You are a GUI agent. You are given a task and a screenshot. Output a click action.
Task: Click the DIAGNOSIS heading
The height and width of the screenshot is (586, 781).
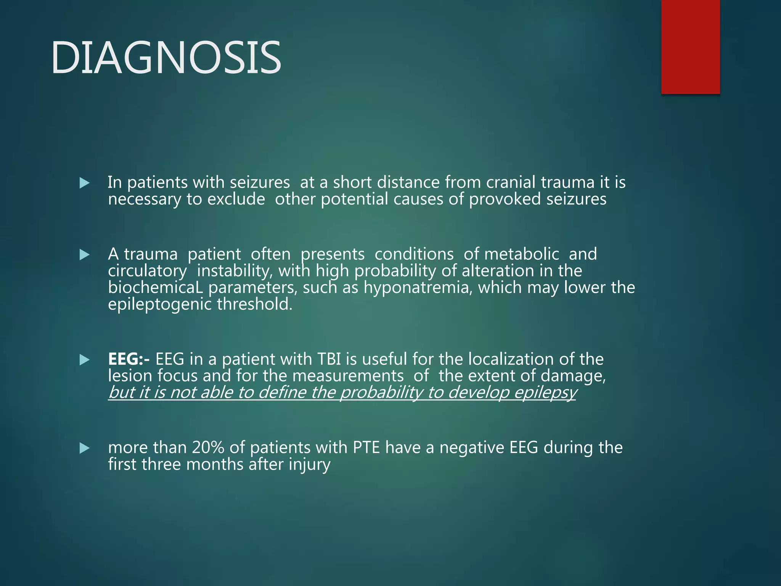[166, 58]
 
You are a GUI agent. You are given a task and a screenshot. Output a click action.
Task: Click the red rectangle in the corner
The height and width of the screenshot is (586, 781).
[690, 47]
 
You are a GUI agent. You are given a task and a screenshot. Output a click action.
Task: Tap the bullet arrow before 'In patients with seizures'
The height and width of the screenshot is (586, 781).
[84, 183]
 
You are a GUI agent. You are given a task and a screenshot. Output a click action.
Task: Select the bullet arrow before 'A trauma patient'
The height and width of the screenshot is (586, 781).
[84, 254]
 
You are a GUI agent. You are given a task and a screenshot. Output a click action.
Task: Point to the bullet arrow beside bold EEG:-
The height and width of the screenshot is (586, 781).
[84, 360]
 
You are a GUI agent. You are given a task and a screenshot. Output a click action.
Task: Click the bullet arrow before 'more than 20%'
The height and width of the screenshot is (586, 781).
[84, 448]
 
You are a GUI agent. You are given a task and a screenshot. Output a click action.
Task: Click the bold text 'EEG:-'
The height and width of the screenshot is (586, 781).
[129, 359]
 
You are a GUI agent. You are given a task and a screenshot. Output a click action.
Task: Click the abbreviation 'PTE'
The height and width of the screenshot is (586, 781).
[366, 448]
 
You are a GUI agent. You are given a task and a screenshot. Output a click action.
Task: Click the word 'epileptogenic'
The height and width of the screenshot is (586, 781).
[160, 304]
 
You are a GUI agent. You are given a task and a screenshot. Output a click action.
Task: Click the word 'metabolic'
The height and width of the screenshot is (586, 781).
[521, 254]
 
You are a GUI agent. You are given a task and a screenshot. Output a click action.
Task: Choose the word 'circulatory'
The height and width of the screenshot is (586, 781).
[148, 271]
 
